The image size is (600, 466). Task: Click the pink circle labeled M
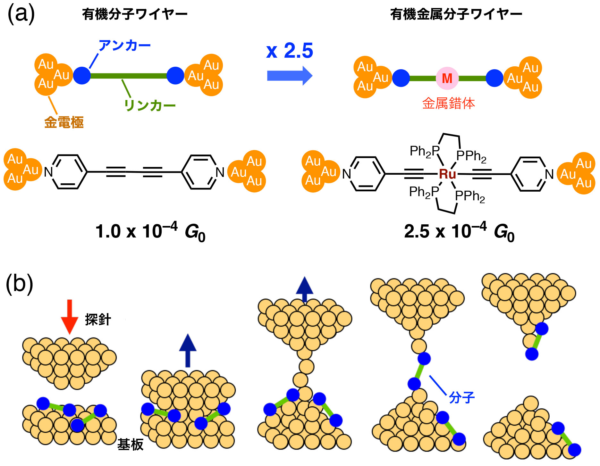pos(447,78)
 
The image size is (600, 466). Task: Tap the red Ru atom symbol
pos(447,174)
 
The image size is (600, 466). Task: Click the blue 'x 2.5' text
pos(289,51)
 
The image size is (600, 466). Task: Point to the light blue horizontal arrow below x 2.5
pos(289,76)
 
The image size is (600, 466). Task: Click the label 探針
pos(98,320)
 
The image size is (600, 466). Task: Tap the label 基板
pos(130,445)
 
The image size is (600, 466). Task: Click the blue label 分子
pos(461,398)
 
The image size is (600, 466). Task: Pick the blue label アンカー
pos(124,46)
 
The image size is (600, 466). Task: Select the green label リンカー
pos(150,105)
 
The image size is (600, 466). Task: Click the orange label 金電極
pos(64,122)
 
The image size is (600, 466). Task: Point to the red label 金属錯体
pos(448,104)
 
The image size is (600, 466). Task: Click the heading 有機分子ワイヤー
pos(135,14)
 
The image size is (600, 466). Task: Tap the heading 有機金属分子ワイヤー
pos(456,14)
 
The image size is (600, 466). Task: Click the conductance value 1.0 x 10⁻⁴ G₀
pos(150,231)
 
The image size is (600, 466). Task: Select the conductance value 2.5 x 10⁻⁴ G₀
pos(459,231)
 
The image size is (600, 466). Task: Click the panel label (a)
pos(21,14)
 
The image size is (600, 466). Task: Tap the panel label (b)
pos(20,284)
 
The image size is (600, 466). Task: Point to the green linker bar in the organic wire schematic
pos(128,76)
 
